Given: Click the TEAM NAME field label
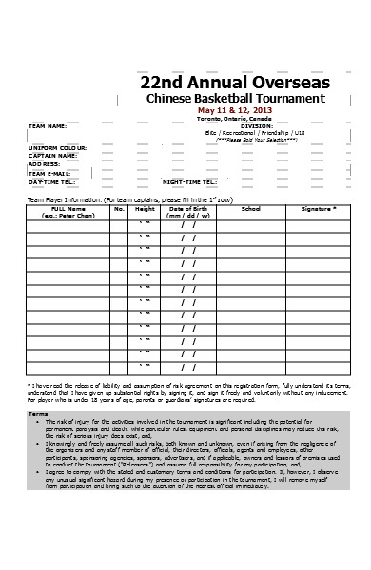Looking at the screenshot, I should click(x=47, y=126).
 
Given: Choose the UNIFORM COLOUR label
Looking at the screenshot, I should click(x=53, y=146).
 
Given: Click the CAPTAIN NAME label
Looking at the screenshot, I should click(x=50, y=155).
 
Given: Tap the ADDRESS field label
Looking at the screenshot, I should click(x=44, y=163).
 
